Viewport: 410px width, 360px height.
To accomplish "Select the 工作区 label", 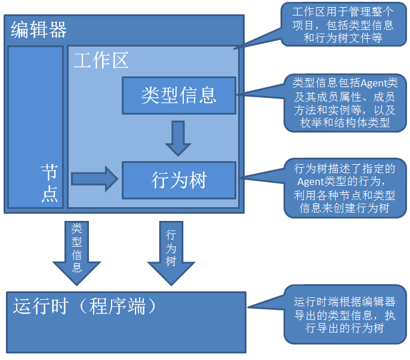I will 101,60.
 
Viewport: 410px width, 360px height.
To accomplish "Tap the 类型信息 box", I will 179,95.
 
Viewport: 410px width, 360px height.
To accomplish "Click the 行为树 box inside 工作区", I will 179,180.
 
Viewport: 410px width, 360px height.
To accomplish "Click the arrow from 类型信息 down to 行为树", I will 178,138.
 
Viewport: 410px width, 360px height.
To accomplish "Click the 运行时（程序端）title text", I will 85,306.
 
